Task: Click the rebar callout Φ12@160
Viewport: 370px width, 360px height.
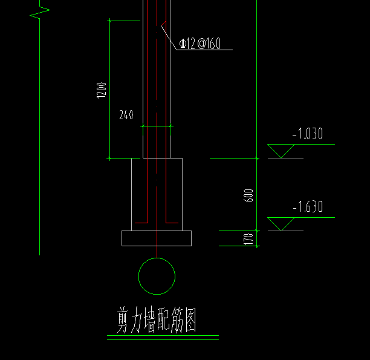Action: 200,44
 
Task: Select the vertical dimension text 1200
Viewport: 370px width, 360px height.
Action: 102,90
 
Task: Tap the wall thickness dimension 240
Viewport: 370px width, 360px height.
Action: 126,115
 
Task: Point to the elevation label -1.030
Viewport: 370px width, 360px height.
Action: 308,134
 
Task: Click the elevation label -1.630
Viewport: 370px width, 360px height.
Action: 308,206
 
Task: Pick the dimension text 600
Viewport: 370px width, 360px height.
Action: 248,195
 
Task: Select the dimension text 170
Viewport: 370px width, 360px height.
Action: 248,239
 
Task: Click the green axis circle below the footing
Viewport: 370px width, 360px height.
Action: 157,258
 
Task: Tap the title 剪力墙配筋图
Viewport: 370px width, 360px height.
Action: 157,320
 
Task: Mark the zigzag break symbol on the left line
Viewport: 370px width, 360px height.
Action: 40,13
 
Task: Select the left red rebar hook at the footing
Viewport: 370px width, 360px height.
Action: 148,223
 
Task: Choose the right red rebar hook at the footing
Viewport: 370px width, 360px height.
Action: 166,223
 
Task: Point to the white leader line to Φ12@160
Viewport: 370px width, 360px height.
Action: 169,38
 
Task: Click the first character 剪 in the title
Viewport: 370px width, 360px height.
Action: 123,320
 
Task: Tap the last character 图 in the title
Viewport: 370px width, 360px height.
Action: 190,320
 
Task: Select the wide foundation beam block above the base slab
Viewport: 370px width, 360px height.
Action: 131,194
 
